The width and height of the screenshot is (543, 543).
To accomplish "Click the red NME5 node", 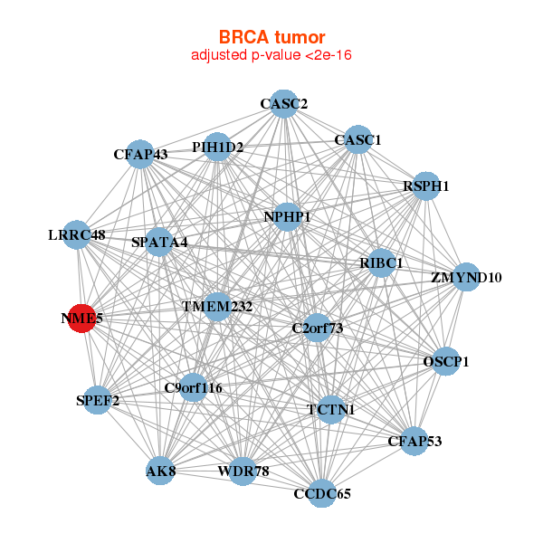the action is tap(81, 319).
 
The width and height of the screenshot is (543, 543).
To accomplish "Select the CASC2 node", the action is tap(284, 104).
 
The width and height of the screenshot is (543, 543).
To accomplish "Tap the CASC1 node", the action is tap(358, 139).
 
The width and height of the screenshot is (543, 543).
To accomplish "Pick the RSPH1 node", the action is tap(425, 186).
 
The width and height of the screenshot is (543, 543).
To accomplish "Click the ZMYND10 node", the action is tap(465, 277).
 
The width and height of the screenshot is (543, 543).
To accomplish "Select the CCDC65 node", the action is tap(322, 493).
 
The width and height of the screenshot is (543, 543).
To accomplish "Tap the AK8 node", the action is tap(160, 472).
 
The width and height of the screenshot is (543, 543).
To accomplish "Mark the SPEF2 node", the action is tap(97, 399).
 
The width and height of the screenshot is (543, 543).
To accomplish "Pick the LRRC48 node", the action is tap(78, 235).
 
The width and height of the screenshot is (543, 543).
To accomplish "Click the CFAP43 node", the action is tap(140, 154).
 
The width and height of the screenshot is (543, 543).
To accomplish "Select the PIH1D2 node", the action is tap(217, 146).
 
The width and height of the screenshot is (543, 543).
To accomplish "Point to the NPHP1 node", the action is tap(287, 217).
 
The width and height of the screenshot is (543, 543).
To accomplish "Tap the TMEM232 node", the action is tap(217, 307).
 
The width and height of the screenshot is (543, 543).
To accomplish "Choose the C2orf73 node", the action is tap(317, 328).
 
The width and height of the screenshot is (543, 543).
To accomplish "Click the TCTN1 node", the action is tap(330, 410).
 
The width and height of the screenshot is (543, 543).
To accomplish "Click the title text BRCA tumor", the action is tap(271, 37).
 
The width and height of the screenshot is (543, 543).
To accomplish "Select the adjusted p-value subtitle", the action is tap(271, 55).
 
